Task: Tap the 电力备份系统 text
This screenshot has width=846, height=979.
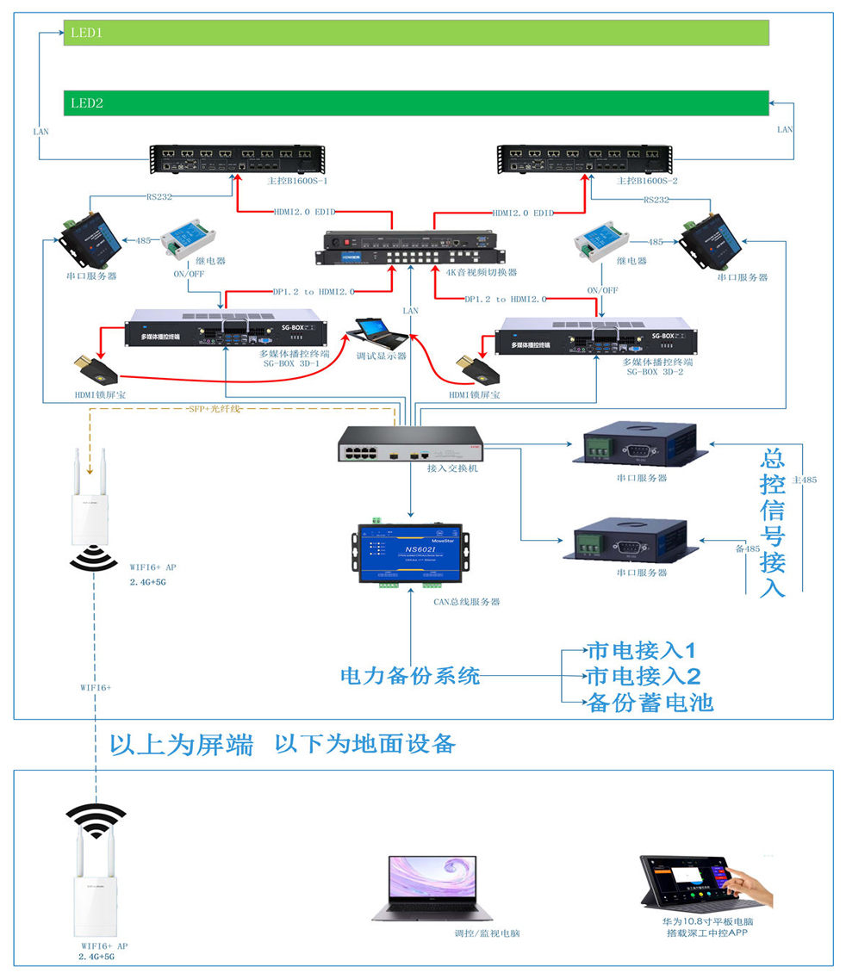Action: [x=410, y=676]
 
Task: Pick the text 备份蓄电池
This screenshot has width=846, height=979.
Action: [x=650, y=702]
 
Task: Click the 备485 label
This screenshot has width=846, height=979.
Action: [x=747, y=548]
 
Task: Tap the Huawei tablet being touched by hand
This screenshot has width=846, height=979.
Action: [x=694, y=883]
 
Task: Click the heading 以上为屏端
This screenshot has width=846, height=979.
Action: [x=182, y=745]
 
